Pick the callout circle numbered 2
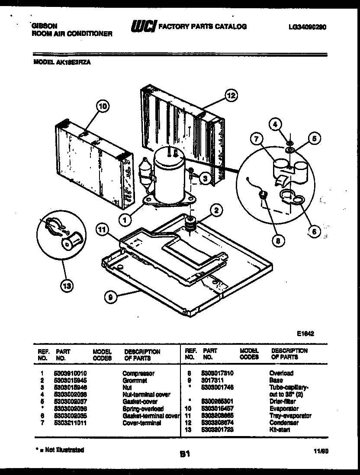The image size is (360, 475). point(216,211)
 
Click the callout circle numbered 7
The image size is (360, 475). point(257,139)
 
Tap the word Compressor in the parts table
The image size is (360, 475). point(138,373)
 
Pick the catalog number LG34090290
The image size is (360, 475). point(307,27)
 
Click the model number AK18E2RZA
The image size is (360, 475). point(76,62)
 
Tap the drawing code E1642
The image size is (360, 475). point(305,334)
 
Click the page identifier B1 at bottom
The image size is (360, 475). point(185,454)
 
